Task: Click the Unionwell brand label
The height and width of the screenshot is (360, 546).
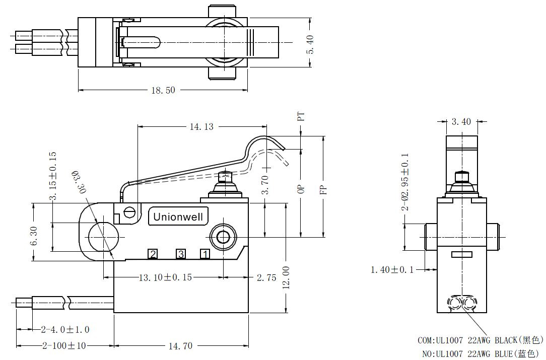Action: (x=178, y=217)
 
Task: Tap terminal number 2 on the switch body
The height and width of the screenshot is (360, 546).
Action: (x=153, y=254)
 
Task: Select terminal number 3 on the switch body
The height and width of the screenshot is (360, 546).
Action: (x=180, y=254)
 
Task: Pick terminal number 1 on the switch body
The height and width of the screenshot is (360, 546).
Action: (x=205, y=254)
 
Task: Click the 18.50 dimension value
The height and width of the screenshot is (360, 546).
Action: (x=163, y=90)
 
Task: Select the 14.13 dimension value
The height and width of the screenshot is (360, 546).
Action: (x=201, y=127)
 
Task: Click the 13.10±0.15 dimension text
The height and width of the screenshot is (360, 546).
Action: (x=165, y=277)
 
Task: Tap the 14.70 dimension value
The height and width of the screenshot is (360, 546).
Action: (x=180, y=346)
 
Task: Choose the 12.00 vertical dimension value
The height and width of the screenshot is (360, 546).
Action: (x=286, y=277)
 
